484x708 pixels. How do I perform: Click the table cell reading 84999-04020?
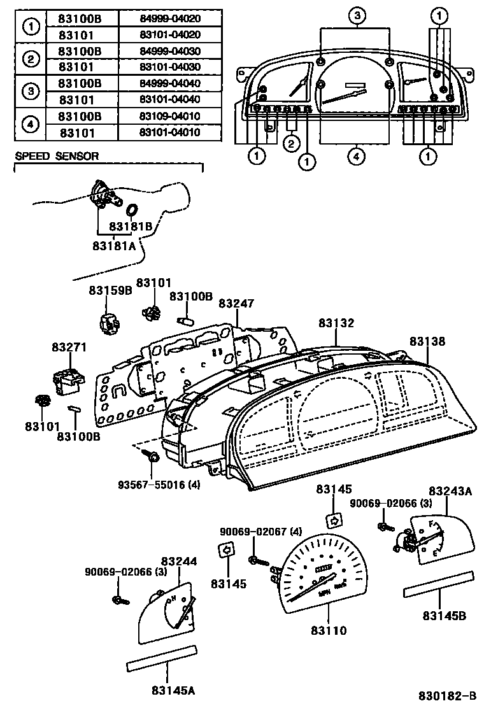click(170, 18)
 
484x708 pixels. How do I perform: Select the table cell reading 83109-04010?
click(170, 117)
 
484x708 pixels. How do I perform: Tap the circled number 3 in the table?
click(30, 92)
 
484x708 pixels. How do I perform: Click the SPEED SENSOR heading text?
click(57, 156)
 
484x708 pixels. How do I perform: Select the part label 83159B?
click(110, 290)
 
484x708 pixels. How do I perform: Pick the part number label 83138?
click(427, 341)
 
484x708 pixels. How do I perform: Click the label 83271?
click(69, 347)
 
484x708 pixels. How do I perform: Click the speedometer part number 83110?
click(329, 630)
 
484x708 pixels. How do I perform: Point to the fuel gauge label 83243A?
click(450, 491)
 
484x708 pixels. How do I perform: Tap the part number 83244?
click(178, 561)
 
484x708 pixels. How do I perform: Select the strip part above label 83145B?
click(439, 584)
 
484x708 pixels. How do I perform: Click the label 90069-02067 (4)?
click(252, 531)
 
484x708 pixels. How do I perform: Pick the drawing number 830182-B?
click(447, 696)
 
